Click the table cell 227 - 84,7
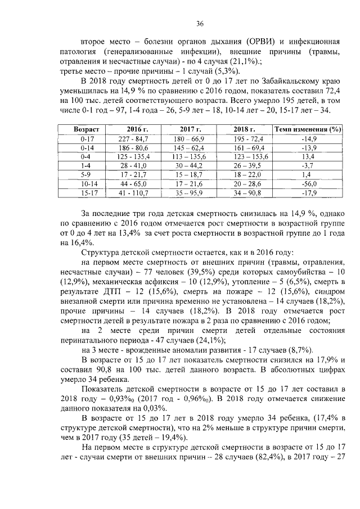point(133,138)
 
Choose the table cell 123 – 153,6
point(245,156)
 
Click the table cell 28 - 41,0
point(133,165)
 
